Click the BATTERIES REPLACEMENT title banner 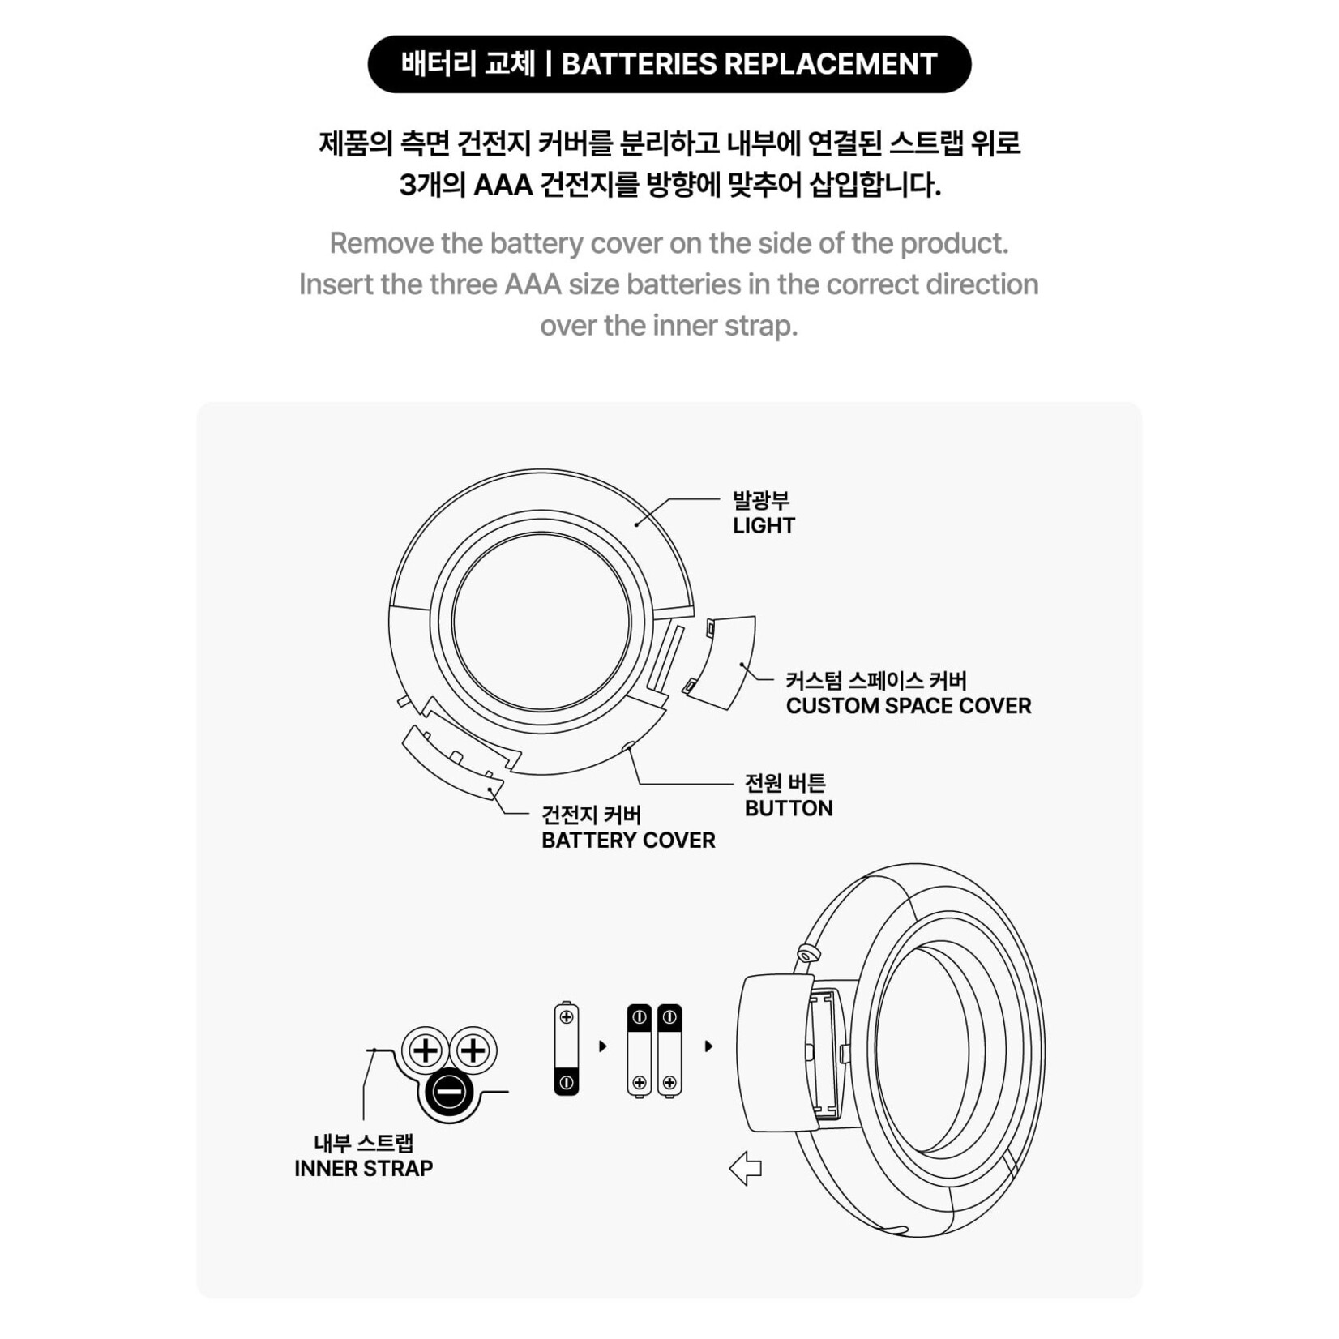point(669,64)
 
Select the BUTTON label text point(789,808)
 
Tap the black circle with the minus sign point(448,1092)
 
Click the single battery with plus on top point(567,1048)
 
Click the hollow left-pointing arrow point(746,1169)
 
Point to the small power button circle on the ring point(627,747)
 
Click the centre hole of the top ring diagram point(541,622)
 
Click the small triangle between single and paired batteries point(602,1046)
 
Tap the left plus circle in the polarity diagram point(426,1051)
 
